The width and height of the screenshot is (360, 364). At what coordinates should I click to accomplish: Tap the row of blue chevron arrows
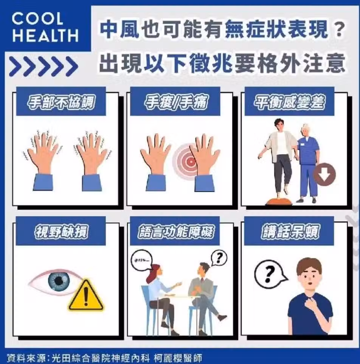tap(44, 66)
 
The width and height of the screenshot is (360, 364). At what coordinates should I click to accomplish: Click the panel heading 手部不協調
tap(61, 102)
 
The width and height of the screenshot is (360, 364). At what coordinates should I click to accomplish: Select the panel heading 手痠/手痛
tap(175, 102)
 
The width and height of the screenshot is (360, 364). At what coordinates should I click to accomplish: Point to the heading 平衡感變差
tap(289, 102)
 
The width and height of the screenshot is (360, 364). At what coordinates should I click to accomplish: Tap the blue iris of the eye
tap(59, 280)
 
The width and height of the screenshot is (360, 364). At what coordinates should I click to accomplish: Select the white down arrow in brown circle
tap(325, 174)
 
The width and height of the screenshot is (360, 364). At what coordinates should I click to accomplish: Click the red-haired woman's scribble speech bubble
tap(142, 260)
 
